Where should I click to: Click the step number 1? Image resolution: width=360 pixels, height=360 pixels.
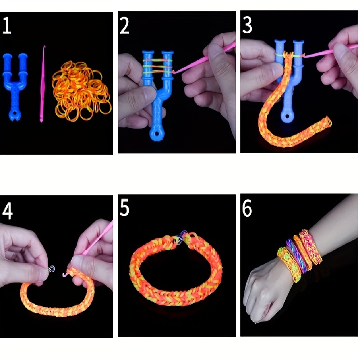pos(7,26)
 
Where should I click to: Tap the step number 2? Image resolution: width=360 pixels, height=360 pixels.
pos(124,26)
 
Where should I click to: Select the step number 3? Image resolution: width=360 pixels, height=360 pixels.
pos(247,25)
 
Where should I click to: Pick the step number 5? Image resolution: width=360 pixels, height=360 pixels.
pos(124,208)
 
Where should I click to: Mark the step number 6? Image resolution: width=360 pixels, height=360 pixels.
pos(247,208)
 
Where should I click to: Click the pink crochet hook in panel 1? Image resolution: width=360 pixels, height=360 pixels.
pos(42,84)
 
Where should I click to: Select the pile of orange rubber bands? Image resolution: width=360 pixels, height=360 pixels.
pos(81,91)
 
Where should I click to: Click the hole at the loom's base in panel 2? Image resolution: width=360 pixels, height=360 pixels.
pos(157,134)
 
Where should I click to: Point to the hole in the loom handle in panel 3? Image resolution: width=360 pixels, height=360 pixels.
pos(287,116)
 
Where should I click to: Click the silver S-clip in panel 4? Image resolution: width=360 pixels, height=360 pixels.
pos(52,269)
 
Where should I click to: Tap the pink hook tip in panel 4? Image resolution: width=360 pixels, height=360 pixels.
pos(64,274)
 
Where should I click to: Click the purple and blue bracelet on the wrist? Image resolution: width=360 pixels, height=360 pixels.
pos(297,256)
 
